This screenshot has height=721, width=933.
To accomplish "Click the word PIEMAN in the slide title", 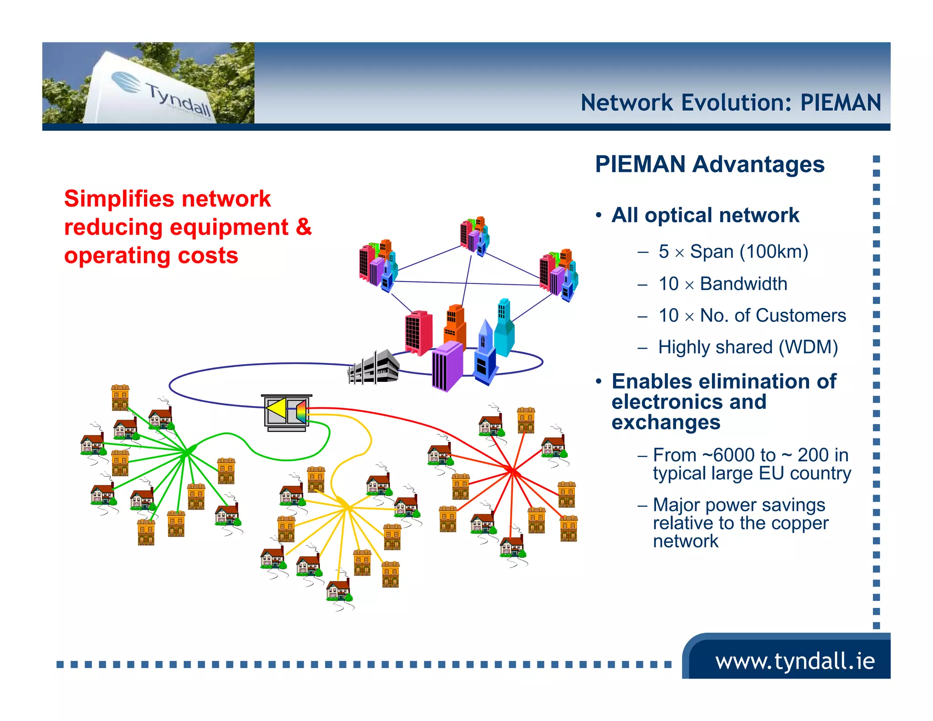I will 841,103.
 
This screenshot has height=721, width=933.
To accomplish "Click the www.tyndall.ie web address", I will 795,661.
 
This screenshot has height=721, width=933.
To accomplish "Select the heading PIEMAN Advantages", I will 709,165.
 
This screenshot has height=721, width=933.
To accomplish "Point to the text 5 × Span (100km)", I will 733,252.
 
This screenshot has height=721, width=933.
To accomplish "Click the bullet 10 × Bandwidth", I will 723,284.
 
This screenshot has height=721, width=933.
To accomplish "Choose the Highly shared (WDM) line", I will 748,347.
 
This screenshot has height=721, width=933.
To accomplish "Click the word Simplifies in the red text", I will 119,199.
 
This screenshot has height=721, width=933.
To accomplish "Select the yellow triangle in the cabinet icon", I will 277,409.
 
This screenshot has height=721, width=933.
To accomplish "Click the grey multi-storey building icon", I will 374,367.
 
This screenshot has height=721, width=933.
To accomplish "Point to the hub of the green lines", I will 187,452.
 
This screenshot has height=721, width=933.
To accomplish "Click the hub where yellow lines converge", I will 346,506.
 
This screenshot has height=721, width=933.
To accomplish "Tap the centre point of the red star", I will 513,470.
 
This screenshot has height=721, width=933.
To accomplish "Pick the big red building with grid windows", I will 418,333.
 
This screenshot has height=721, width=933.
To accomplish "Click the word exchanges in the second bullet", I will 666,422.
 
